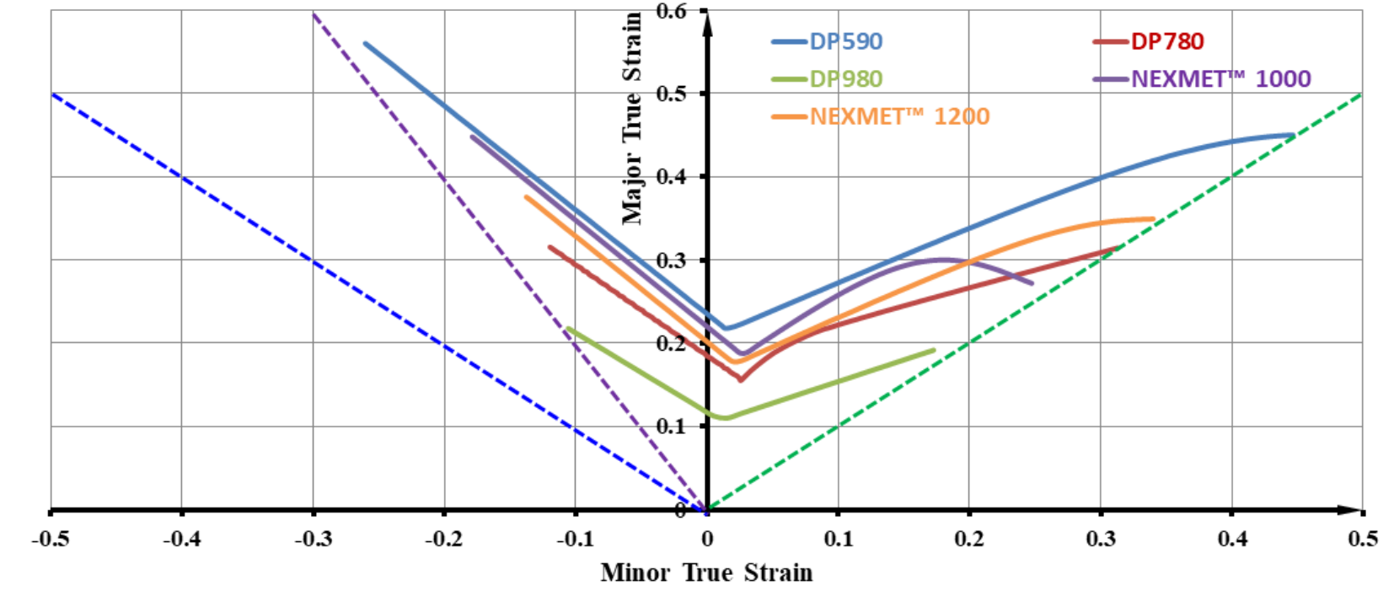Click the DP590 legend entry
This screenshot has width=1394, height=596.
point(845,41)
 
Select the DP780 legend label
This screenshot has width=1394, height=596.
point(1166,41)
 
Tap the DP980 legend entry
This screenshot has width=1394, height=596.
point(845,78)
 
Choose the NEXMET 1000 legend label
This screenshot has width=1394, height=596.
point(1220,78)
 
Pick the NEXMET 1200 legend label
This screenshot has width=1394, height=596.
point(899,116)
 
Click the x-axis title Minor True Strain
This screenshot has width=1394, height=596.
point(706,572)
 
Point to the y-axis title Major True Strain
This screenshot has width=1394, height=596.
point(632,118)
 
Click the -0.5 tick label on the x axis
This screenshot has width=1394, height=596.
point(51,539)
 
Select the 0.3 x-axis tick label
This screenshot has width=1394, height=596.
point(1101,539)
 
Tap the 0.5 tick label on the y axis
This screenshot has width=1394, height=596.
point(671,94)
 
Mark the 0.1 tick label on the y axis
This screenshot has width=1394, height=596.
point(671,426)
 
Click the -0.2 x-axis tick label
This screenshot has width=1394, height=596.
point(443,539)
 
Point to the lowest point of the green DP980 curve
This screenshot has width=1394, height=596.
point(725,417)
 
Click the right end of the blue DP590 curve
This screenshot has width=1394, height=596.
point(1293,135)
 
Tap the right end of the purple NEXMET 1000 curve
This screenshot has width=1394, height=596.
point(1032,283)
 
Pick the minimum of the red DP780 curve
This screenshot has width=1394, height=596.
point(741,379)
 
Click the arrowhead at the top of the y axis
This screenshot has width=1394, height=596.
point(707,19)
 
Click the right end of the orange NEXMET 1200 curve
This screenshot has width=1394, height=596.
point(1153,219)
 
